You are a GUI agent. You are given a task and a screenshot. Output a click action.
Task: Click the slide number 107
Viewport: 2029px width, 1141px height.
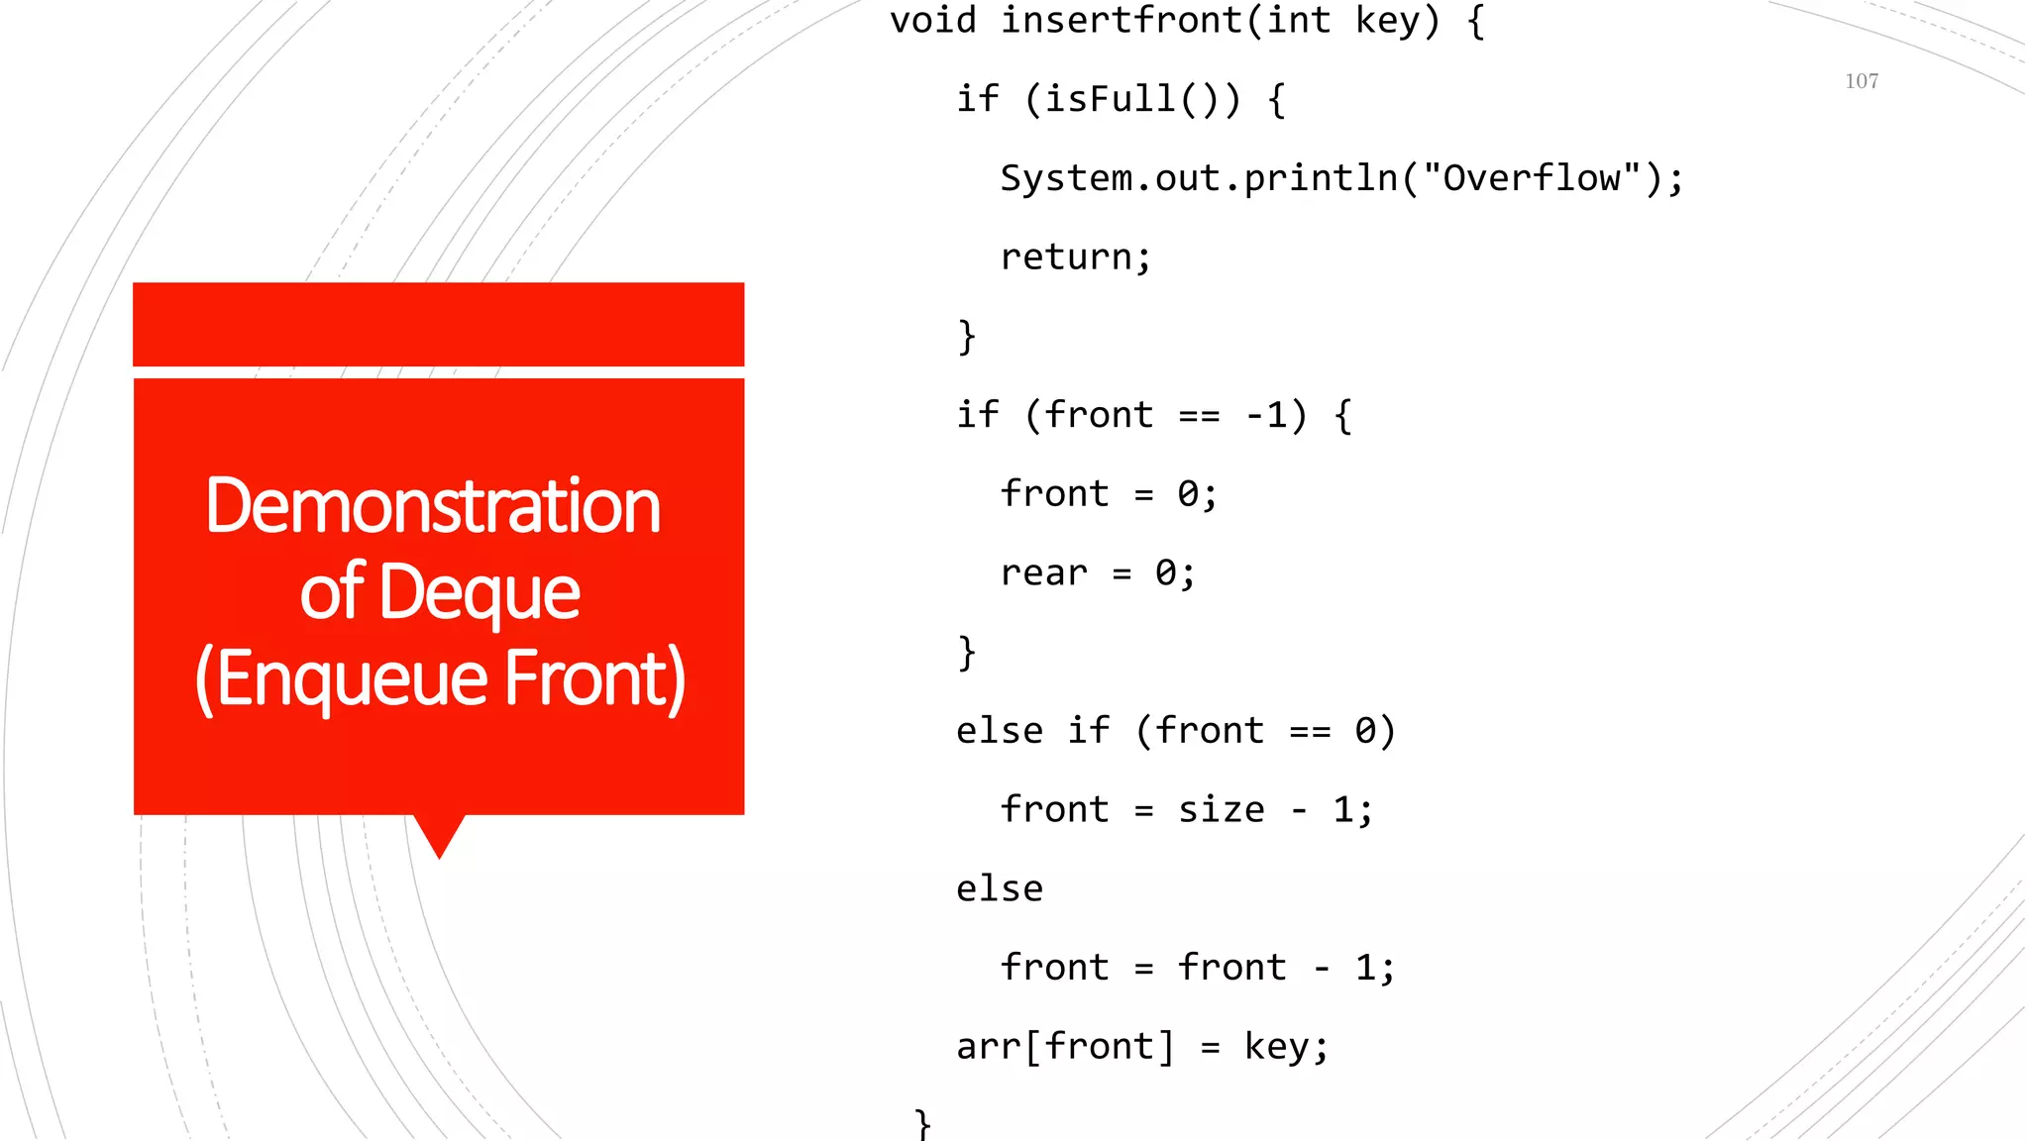coord(1862,81)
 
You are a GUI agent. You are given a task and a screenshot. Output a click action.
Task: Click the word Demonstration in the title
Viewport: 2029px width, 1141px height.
coord(433,506)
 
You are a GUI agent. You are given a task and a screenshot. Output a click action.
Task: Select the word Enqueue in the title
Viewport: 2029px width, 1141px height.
coord(353,679)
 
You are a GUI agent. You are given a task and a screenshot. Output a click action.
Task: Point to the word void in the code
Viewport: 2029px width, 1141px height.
coord(932,21)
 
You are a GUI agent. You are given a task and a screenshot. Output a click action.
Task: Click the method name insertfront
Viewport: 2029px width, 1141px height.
coord(1121,21)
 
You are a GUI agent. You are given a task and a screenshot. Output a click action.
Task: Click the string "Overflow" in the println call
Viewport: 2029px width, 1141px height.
coord(1532,178)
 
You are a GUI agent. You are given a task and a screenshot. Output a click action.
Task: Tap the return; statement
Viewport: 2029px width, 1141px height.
coord(1076,258)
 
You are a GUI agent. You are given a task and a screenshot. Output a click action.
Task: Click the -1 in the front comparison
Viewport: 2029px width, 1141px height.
coord(1266,415)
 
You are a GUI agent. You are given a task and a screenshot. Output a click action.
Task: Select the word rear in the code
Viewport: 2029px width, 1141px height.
coord(1043,572)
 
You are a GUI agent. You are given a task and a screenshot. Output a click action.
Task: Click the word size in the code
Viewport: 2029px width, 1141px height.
coord(1221,810)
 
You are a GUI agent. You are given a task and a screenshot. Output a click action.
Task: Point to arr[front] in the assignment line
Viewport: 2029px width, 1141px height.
coord(1065,1047)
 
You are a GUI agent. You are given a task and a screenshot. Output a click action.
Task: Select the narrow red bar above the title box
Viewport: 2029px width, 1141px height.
coord(438,324)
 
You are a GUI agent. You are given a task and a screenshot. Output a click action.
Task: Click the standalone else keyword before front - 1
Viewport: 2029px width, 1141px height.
coord(999,889)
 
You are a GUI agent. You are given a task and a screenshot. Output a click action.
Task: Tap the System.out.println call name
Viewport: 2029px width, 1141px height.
coord(1198,178)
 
